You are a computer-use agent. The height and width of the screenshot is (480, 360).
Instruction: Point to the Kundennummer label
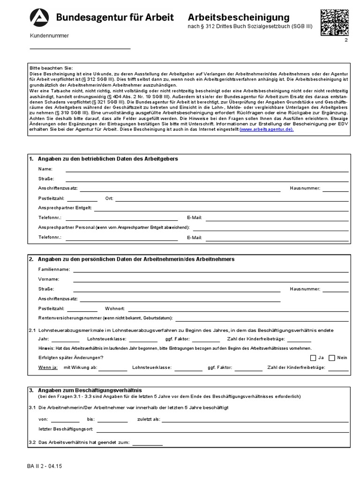[49, 36]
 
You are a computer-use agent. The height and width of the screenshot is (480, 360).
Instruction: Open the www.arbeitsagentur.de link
[266, 130]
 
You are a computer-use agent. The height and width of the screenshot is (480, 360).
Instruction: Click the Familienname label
[54, 269]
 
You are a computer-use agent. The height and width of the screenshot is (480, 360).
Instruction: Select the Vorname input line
[210, 279]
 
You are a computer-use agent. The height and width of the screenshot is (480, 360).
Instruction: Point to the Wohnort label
[115, 308]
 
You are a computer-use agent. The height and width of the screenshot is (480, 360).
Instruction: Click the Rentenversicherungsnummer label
[105, 318]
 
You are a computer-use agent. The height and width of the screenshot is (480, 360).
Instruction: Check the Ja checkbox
[314, 358]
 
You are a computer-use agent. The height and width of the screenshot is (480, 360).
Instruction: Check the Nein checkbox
[332, 358]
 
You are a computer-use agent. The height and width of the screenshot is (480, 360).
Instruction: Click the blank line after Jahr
[66, 339]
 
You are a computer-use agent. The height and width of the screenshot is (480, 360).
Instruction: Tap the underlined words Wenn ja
[48, 367]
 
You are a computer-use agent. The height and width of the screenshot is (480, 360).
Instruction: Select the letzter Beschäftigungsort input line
[222, 429]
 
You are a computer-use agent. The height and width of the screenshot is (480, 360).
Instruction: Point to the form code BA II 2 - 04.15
[47, 467]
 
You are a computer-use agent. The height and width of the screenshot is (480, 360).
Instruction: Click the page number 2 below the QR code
[345, 41]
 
